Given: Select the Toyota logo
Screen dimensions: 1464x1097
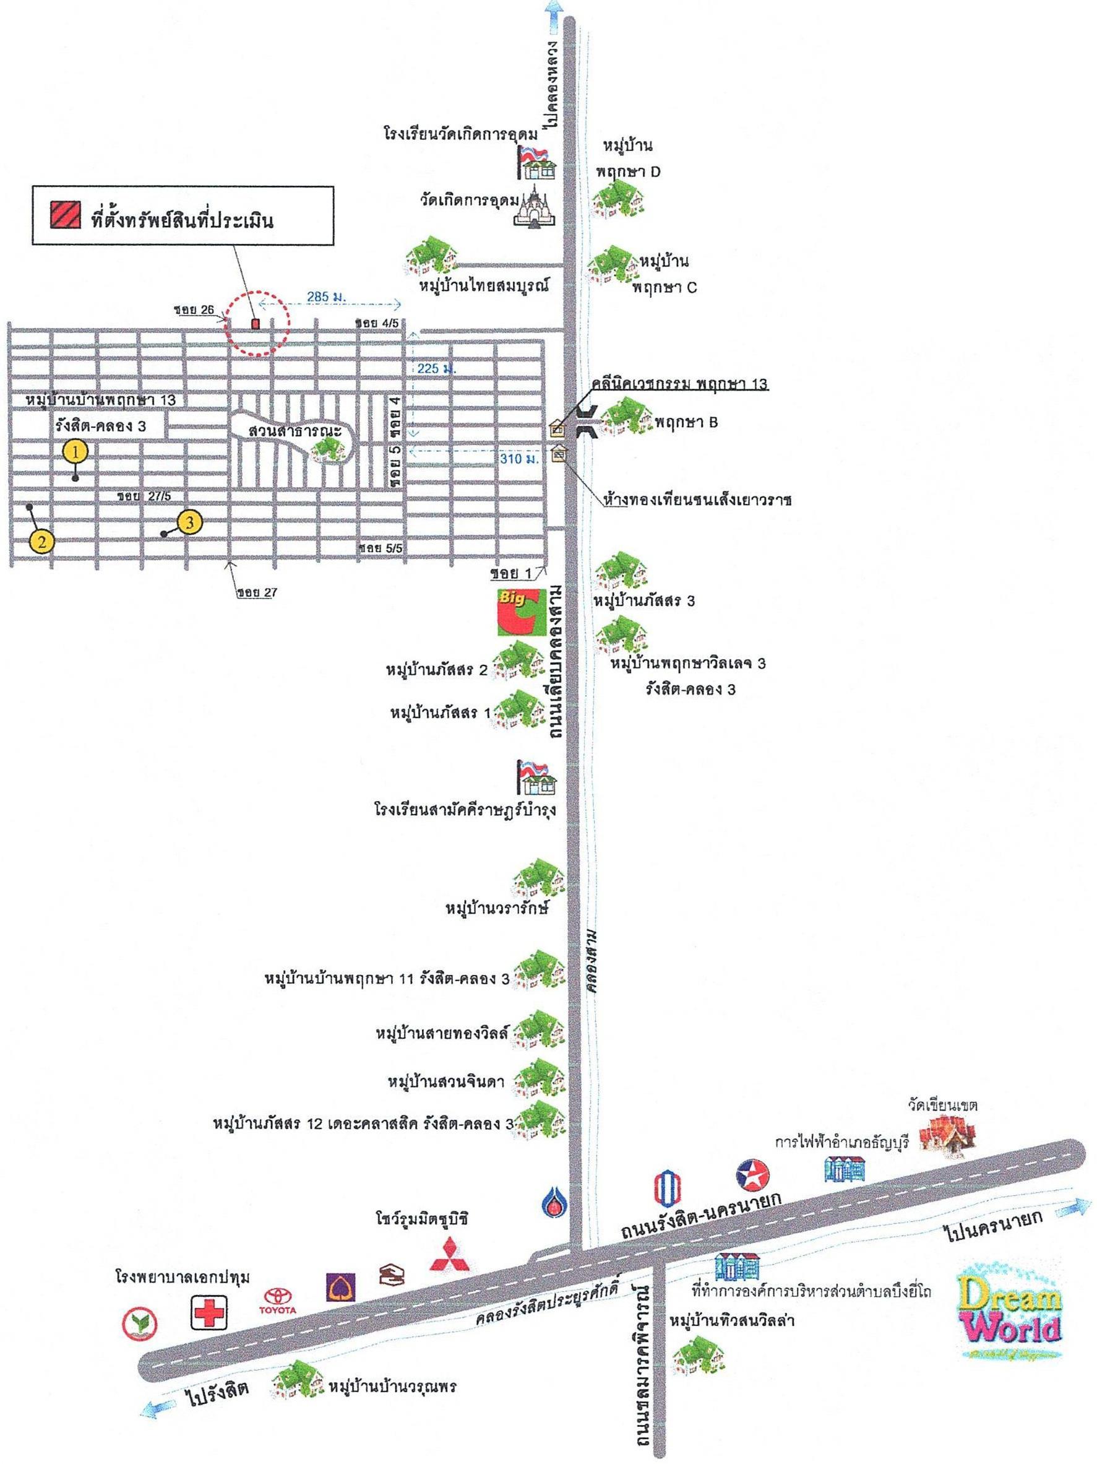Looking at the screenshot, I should pyautogui.click(x=280, y=1301).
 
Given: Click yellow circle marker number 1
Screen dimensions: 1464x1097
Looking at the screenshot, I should pyautogui.click(x=75, y=452).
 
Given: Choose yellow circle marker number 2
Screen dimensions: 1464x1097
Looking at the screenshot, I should pyautogui.click(x=41, y=542).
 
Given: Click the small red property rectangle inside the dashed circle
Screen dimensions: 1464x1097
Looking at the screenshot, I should pyautogui.click(x=256, y=324).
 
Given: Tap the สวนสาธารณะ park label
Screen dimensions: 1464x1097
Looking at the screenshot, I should pyautogui.click(x=285, y=431).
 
